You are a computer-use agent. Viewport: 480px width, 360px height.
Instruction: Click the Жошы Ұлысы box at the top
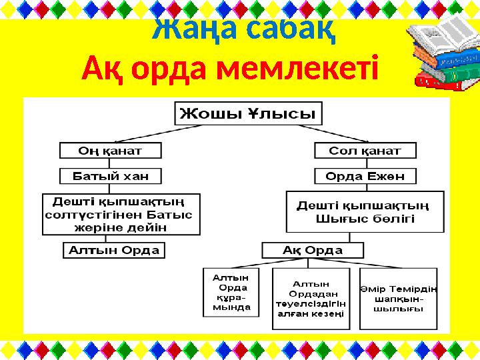click(x=249, y=113)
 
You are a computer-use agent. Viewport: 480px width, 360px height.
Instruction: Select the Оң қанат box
click(x=111, y=151)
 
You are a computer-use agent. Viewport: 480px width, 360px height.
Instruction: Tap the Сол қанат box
click(x=365, y=151)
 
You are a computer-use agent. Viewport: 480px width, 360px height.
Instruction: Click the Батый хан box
click(x=111, y=176)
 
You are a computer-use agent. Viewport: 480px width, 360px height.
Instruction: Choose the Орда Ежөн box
click(x=365, y=176)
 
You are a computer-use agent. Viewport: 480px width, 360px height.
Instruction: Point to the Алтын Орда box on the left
click(x=114, y=251)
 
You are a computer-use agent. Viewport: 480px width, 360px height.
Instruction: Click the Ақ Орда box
click(x=313, y=251)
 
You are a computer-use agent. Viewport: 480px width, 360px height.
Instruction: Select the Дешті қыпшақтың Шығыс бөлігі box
click(x=365, y=213)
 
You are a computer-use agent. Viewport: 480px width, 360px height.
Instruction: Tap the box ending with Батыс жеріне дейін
click(x=121, y=214)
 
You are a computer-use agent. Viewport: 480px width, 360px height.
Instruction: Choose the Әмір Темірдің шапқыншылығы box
click(x=399, y=299)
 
